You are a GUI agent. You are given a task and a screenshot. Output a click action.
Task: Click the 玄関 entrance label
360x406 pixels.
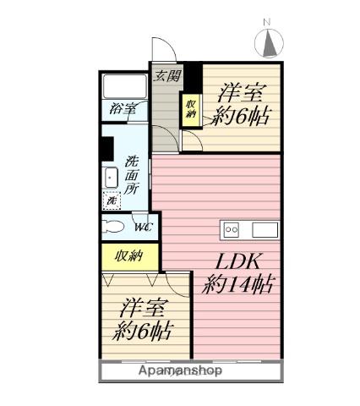[x=166, y=75]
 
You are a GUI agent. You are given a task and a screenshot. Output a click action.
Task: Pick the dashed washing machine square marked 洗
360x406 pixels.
[x=112, y=201]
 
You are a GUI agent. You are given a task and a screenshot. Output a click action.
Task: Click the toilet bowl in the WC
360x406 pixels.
[x=113, y=226]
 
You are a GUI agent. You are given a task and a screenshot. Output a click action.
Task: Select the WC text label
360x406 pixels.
[x=141, y=227]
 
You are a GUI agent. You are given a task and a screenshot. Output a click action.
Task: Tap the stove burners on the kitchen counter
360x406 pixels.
[x=232, y=229]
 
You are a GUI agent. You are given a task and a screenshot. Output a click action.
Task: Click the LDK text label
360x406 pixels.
[x=240, y=262]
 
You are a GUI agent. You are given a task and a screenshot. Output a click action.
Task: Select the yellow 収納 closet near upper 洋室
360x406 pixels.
[x=191, y=109]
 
